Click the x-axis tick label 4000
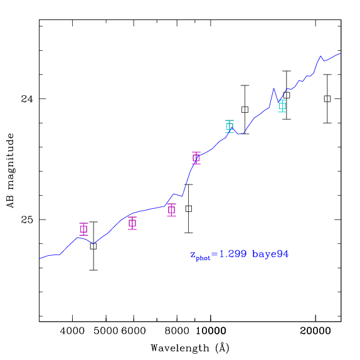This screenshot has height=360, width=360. [x=72, y=331]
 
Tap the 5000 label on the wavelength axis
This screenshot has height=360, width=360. [x=106, y=331]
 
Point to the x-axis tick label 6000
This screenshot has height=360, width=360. [x=134, y=331]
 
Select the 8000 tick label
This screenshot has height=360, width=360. [x=177, y=331]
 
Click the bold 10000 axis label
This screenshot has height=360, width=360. [x=211, y=331]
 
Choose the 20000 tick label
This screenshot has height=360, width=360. [x=315, y=331]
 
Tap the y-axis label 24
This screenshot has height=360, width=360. [x=27, y=99]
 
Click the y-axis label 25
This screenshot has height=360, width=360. [x=27, y=220]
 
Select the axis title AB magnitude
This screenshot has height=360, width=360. [x=10, y=171]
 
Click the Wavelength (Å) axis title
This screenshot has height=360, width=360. [x=190, y=348]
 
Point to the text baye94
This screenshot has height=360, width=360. [x=270, y=254]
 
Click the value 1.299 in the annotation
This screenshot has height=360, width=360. [x=233, y=254]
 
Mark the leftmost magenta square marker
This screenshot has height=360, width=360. [x=84, y=229]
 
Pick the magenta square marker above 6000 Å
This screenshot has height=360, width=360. [x=132, y=223]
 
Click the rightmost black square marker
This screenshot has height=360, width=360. [x=327, y=98]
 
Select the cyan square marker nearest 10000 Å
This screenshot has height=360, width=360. [x=230, y=127]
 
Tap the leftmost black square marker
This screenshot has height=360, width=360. [x=93, y=246]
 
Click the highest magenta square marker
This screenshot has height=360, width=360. [x=196, y=158]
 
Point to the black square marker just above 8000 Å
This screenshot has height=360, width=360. [x=189, y=209]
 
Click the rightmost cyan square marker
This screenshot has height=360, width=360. [x=282, y=106]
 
